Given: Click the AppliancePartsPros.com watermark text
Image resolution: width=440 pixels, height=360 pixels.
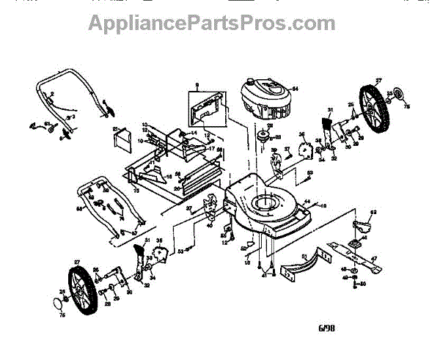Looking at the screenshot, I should [x=212, y=23].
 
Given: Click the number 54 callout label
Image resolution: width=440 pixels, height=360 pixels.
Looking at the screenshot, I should [x=296, y=89].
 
